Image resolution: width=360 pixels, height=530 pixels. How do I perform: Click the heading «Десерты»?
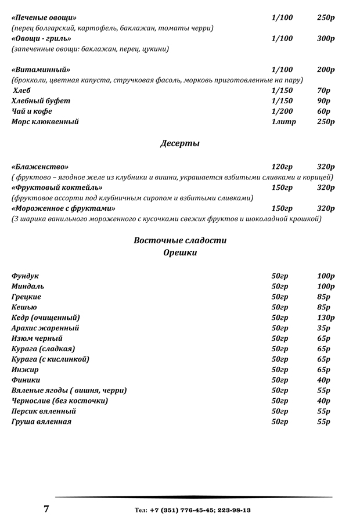(x=179, y=143)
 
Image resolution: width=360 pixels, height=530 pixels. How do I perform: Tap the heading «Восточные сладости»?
(x=180, y=240)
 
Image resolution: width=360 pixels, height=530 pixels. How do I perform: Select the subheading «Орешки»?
(x=180, y=253)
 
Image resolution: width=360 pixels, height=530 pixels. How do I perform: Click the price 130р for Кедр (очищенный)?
(x=326, y=318)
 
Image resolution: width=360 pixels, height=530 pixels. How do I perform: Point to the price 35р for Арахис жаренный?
(x=323, y=328)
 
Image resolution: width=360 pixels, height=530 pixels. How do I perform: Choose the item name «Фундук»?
(x=25, y=276)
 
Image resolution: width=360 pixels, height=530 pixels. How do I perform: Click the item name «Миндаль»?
(x=27, y=286)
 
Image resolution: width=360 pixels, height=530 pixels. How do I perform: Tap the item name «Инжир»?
(x=24, y=370)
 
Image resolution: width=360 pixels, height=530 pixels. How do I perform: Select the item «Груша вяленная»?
(x=41, y=422)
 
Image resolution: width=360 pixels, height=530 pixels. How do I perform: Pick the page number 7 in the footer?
(x=46, y=509)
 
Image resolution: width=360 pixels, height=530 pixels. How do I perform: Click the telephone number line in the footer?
(x=193, y=510)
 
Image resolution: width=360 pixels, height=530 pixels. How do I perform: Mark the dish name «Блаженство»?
(x=39, y=167)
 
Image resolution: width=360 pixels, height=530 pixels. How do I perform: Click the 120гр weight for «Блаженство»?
(x=282, y=167)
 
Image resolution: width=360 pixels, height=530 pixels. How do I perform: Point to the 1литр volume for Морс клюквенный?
(x=283, y=122)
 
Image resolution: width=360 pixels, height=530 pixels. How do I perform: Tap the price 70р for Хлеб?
(x=323, y=91)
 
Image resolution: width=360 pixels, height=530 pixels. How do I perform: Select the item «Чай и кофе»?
(x=31, y=111)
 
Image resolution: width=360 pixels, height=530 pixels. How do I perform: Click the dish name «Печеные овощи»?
(x=44, y=17)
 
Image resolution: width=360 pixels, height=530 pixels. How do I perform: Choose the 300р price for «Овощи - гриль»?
(x=326, y=38)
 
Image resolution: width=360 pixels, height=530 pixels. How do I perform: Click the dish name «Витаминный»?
(x=41, y=70)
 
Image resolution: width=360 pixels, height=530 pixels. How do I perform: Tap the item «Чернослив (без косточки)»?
(x=59, y=401)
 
